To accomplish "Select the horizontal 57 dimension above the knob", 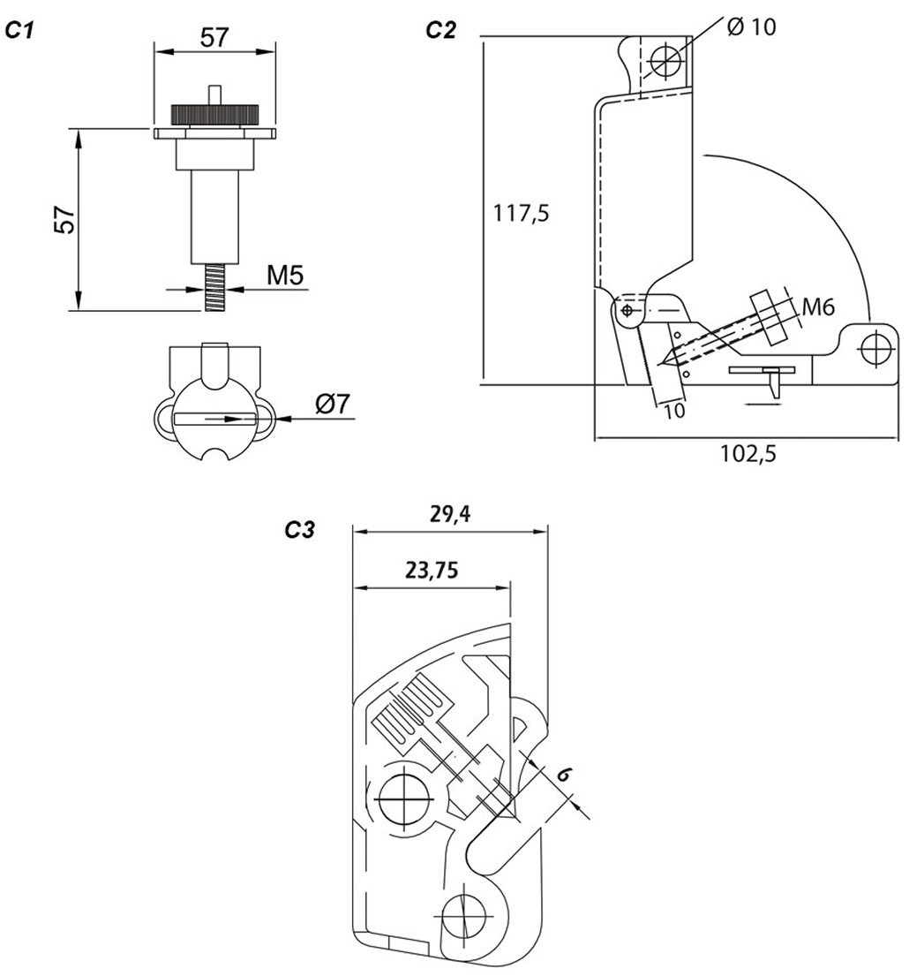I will click(214, 37).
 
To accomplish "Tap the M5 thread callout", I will click(285, 276).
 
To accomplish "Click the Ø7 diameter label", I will click(334, 404).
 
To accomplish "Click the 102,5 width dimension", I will click(747, 454).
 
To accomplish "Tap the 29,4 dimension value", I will click(449, 514).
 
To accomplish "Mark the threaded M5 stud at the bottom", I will click(213, 286).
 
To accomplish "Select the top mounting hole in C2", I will click(664, 61).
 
